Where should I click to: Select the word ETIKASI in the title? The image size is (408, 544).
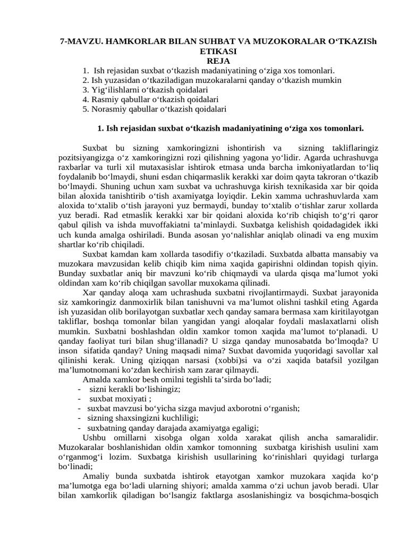click(204, 52)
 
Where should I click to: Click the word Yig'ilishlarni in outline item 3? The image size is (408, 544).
click(114, 90)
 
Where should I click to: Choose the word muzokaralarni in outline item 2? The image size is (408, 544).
click(195, 80)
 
